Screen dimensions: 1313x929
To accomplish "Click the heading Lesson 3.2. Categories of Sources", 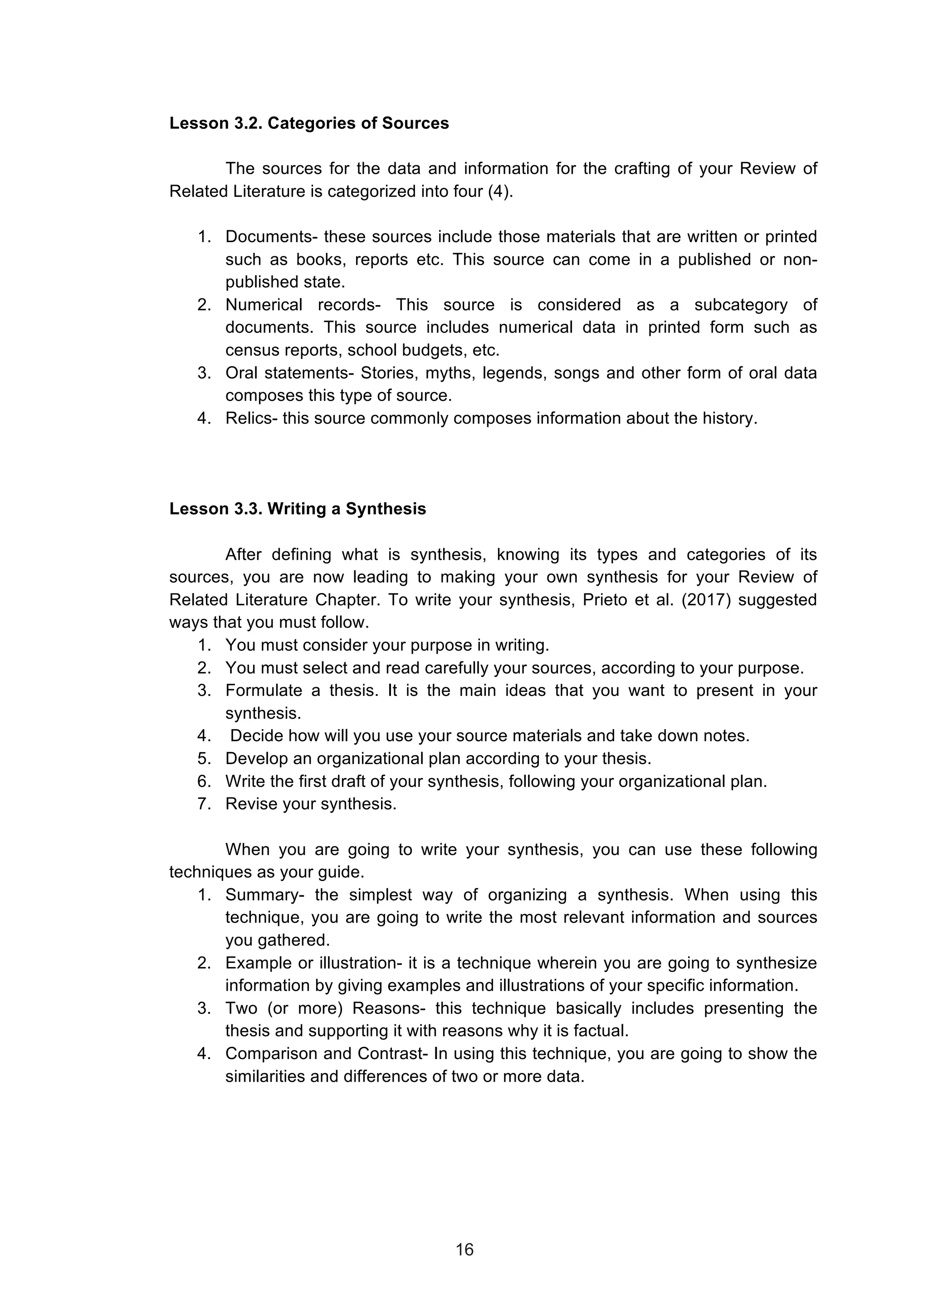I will (x=309, y=123).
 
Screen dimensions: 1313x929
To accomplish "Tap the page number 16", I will (x=464, y=1250).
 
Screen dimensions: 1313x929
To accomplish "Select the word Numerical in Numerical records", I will (x=264, y=304).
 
